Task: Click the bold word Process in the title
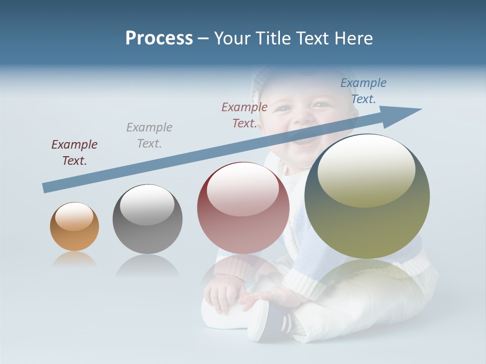pyautogui.click(x=159, y=38)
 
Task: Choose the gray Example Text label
pyautogui.click(x=149, y=135)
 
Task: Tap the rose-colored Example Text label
pyautogui.click(x=245, y=115)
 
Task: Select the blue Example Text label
pyautogui.click(x=363, y=91)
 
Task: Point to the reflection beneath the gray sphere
pyautogui.click(x=147, y=265)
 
